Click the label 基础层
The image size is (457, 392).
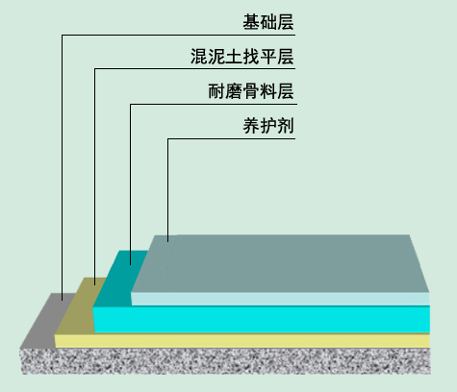coord(268,22)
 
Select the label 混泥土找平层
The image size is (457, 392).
coord(242,57)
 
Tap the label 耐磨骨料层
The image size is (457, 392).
coord(251,91)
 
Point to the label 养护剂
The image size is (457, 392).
coord(268,126)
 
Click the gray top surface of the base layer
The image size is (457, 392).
coord(46,320)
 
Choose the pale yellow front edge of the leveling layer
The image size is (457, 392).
coord(242,341)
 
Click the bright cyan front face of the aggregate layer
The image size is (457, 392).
coord(262,319)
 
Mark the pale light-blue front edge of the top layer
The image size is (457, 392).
coord(280,299)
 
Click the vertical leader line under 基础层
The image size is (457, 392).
coord(62,167)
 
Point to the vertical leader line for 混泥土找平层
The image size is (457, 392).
coord(94,177)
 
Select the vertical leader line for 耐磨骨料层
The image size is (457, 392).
coord(130,184)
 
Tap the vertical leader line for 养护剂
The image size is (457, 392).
coord(167,190)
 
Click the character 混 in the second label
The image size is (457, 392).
coord(199,57)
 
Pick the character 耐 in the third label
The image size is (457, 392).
coord(216,91)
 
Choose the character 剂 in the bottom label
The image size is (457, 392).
coord(286,126)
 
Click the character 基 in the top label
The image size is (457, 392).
coord(251,22)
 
